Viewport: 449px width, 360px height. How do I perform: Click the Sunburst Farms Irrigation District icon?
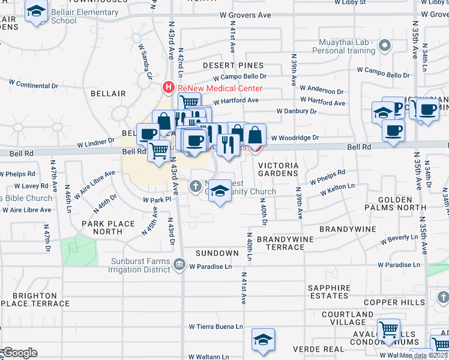(179, 265)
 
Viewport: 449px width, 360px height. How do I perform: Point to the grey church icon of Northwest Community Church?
(195, 187)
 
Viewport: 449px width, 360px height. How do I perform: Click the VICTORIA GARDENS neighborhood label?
(278, 169)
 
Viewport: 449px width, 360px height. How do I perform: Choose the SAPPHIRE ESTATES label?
(328, 292)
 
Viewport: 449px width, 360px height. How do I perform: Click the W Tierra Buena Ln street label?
(216, 327)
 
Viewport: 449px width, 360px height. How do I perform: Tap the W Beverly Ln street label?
(398, 239)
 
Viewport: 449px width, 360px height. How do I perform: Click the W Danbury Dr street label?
(296, 111)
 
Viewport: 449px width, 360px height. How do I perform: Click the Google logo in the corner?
(19, 353)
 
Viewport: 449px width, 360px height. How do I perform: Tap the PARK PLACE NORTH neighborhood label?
(108, 227)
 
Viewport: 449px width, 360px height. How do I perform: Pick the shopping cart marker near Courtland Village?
(389, 329)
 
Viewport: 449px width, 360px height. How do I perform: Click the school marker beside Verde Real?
(263, 339)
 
